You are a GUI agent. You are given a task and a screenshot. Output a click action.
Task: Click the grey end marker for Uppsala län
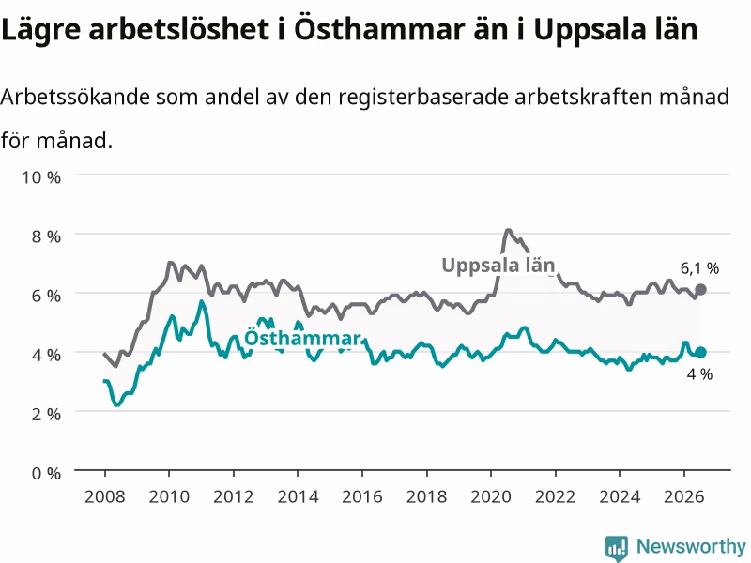tap(700, 289)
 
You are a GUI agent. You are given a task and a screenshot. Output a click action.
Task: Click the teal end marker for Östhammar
tap(700, 353)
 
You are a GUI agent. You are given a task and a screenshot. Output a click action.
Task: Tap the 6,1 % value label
tap(699, 268)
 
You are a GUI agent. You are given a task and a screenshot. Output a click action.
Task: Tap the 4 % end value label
tap(699, 374)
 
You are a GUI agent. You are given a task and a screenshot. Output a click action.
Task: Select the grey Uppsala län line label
tap(498, 266)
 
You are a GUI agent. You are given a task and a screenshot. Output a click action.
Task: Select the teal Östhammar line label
tap(302, 338)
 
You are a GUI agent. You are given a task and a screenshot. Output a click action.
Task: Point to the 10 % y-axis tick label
tap(41, 177)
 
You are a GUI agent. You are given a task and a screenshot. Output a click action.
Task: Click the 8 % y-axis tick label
tap(46, 236)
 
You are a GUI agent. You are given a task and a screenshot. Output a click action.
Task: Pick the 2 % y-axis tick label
tap(46, 414)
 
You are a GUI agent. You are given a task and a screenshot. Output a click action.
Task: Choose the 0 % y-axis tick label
tap(46, 474)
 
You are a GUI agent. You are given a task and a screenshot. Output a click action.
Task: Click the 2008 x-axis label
tap(105, 496)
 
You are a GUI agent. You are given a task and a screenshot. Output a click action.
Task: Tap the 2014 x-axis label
tap(298, 496)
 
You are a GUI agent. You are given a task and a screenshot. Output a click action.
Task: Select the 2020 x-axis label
tap(491, 496)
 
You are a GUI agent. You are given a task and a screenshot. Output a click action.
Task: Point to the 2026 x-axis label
tap(684, 496)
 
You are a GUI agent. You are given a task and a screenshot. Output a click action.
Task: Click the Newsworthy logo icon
tap(617, 548)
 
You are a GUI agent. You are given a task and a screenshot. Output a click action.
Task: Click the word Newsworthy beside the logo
tap(691, 546)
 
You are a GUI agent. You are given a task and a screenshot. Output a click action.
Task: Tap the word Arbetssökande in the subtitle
tap(75, 98)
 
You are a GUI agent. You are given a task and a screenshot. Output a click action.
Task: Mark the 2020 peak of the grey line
tap(508, 230)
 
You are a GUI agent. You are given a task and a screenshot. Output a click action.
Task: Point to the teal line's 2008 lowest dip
tap(116, 405)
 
